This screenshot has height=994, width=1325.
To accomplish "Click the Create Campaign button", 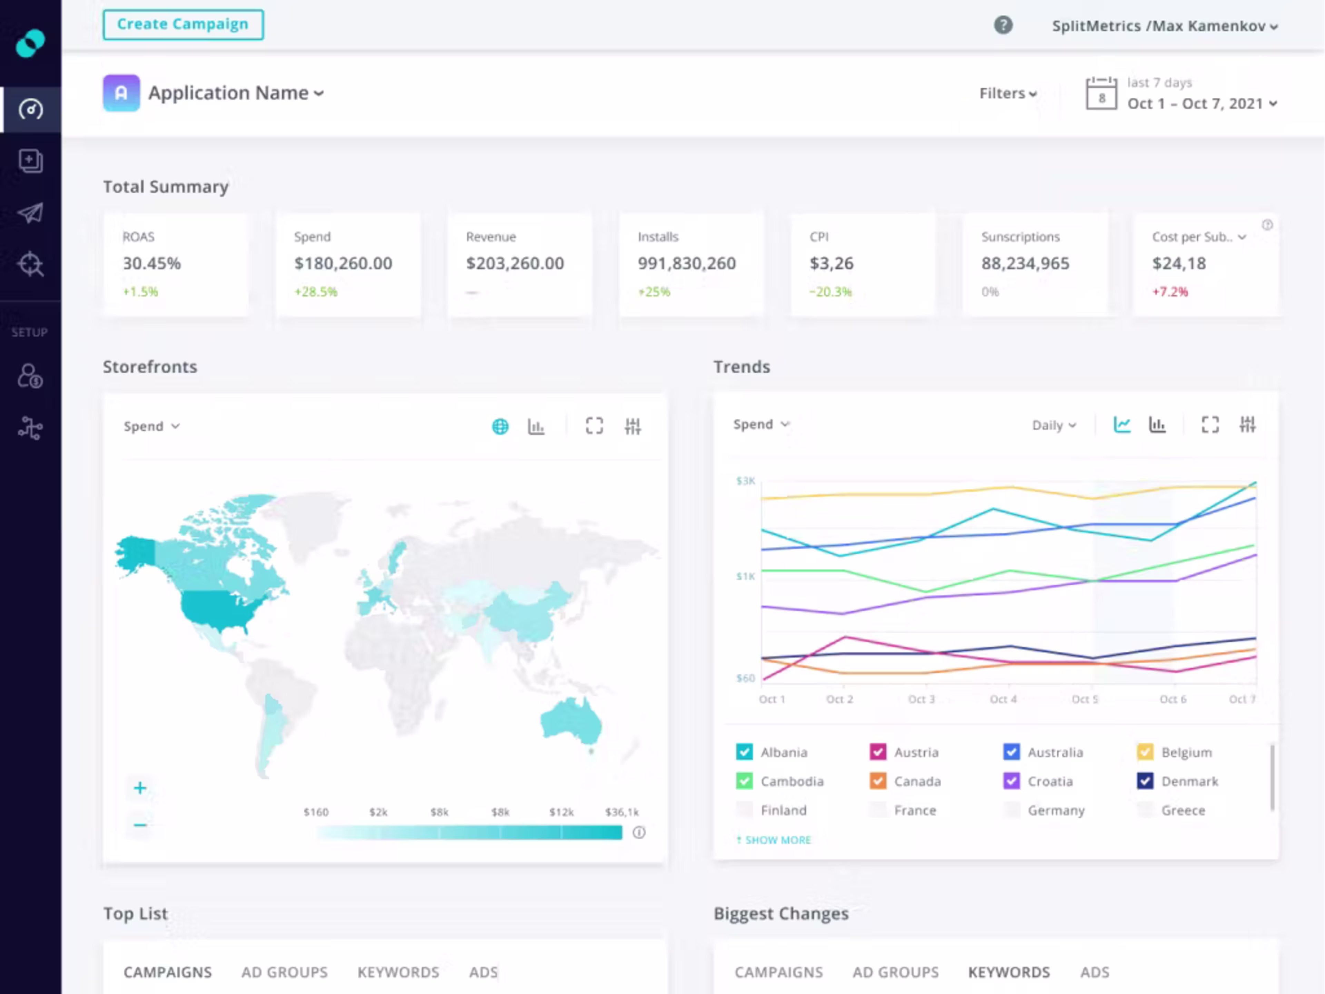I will point(183,25).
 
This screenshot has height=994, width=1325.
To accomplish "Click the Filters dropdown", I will point(1008,94).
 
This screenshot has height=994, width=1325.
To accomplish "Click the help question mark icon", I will point(1003,25).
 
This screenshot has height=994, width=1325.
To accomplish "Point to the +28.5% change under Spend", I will point(316,292).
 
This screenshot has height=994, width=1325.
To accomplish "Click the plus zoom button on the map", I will point(139,788).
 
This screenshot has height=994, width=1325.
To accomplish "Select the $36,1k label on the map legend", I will point(622,812).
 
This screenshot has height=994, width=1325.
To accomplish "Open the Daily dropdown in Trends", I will point(1054,425).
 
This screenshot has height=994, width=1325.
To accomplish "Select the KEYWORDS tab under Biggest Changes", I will point(1009,972).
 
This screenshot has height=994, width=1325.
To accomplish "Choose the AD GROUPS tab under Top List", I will point(285,972).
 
